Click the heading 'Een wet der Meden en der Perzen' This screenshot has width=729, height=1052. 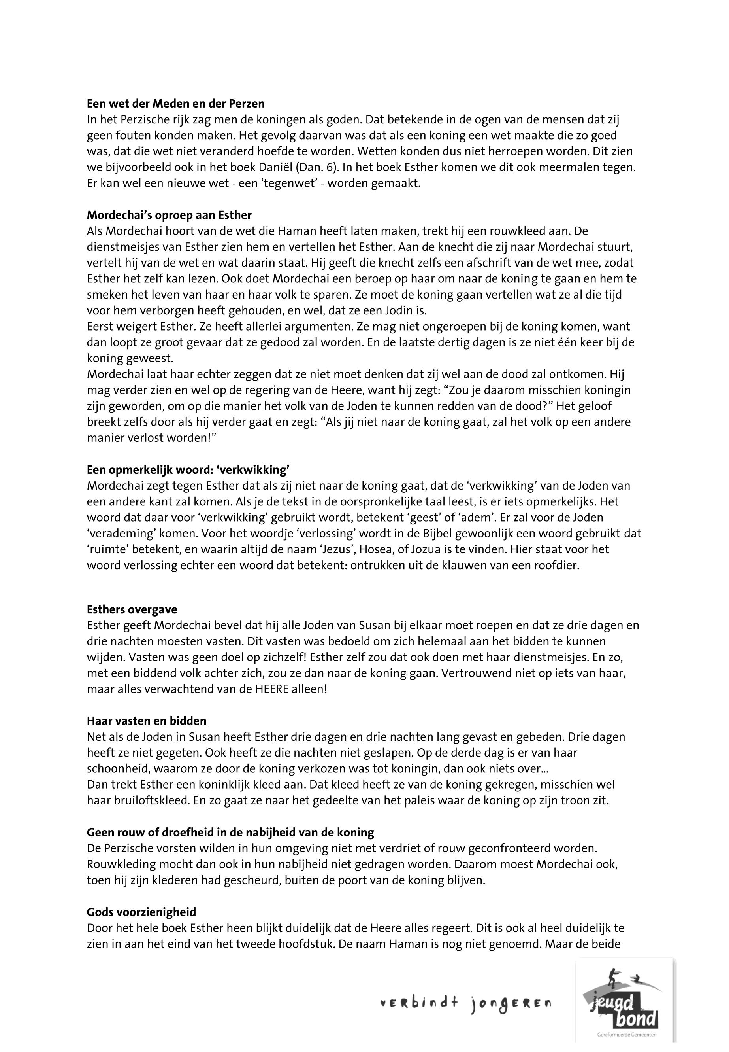176,104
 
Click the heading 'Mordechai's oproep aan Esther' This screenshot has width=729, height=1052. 169,215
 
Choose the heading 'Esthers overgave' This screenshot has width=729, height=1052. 132,609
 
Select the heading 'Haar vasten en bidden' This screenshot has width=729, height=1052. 147,721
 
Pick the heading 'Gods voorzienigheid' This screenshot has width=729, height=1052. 141,912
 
